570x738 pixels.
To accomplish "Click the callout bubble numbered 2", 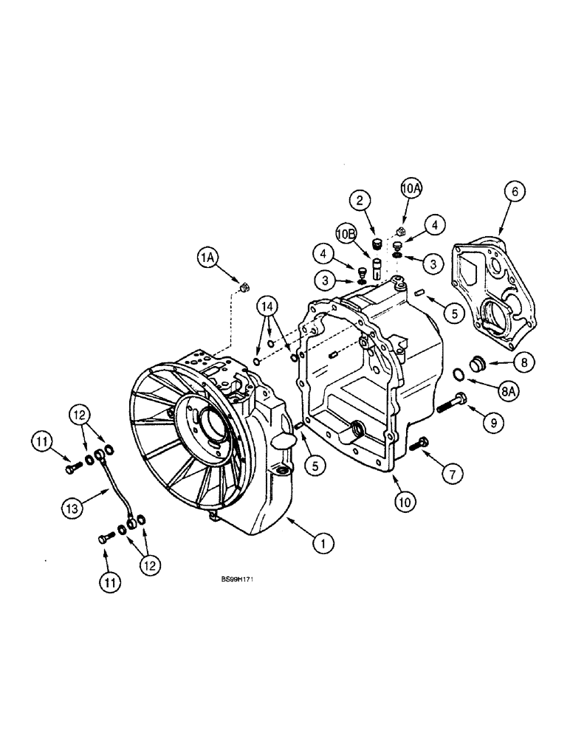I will [361, 200].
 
